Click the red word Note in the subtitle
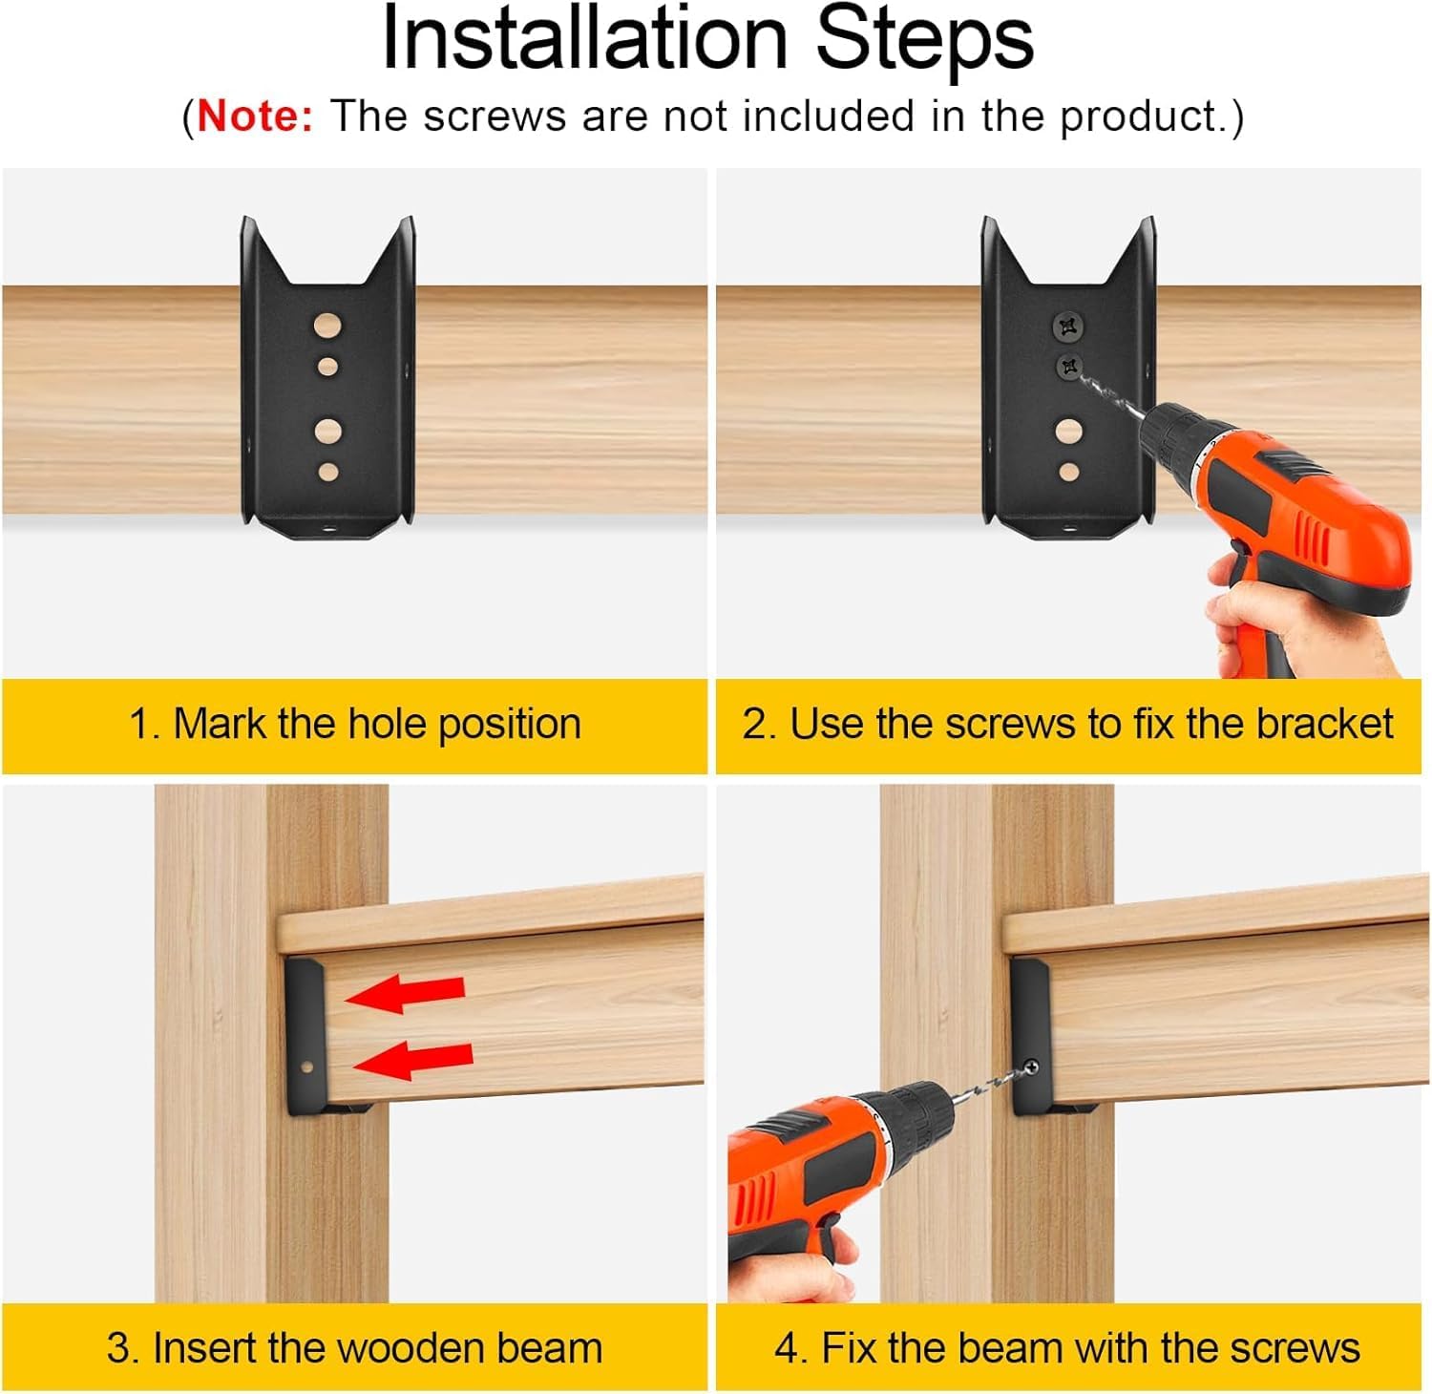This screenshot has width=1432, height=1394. (x=255, y=116)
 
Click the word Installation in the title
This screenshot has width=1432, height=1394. (x=584, y=40)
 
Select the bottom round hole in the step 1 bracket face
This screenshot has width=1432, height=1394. (x=327, y=472)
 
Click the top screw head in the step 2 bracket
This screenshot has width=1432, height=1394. (x=1068, y=327)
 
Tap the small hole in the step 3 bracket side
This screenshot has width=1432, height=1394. (x=307, y=1067)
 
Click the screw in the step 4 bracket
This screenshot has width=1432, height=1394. (x=1031, y=1067)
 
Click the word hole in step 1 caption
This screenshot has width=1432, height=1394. (x=388, y=725)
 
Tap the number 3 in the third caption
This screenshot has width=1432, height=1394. (x=118, y=1349)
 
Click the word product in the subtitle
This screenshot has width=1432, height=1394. (x=1139, y=116)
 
